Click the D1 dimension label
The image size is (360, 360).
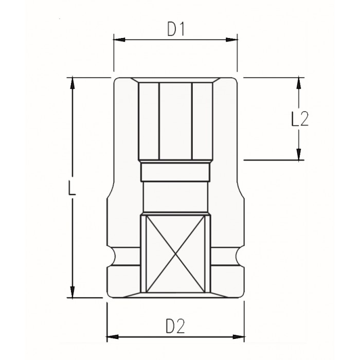176,29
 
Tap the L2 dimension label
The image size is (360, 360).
300,119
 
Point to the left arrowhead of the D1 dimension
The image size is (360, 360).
119,40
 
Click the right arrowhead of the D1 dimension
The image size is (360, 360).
231,40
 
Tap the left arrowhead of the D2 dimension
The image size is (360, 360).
113,337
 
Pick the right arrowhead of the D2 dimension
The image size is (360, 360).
239,337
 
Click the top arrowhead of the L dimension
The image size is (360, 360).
73,83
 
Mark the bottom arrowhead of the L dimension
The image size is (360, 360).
73,292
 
